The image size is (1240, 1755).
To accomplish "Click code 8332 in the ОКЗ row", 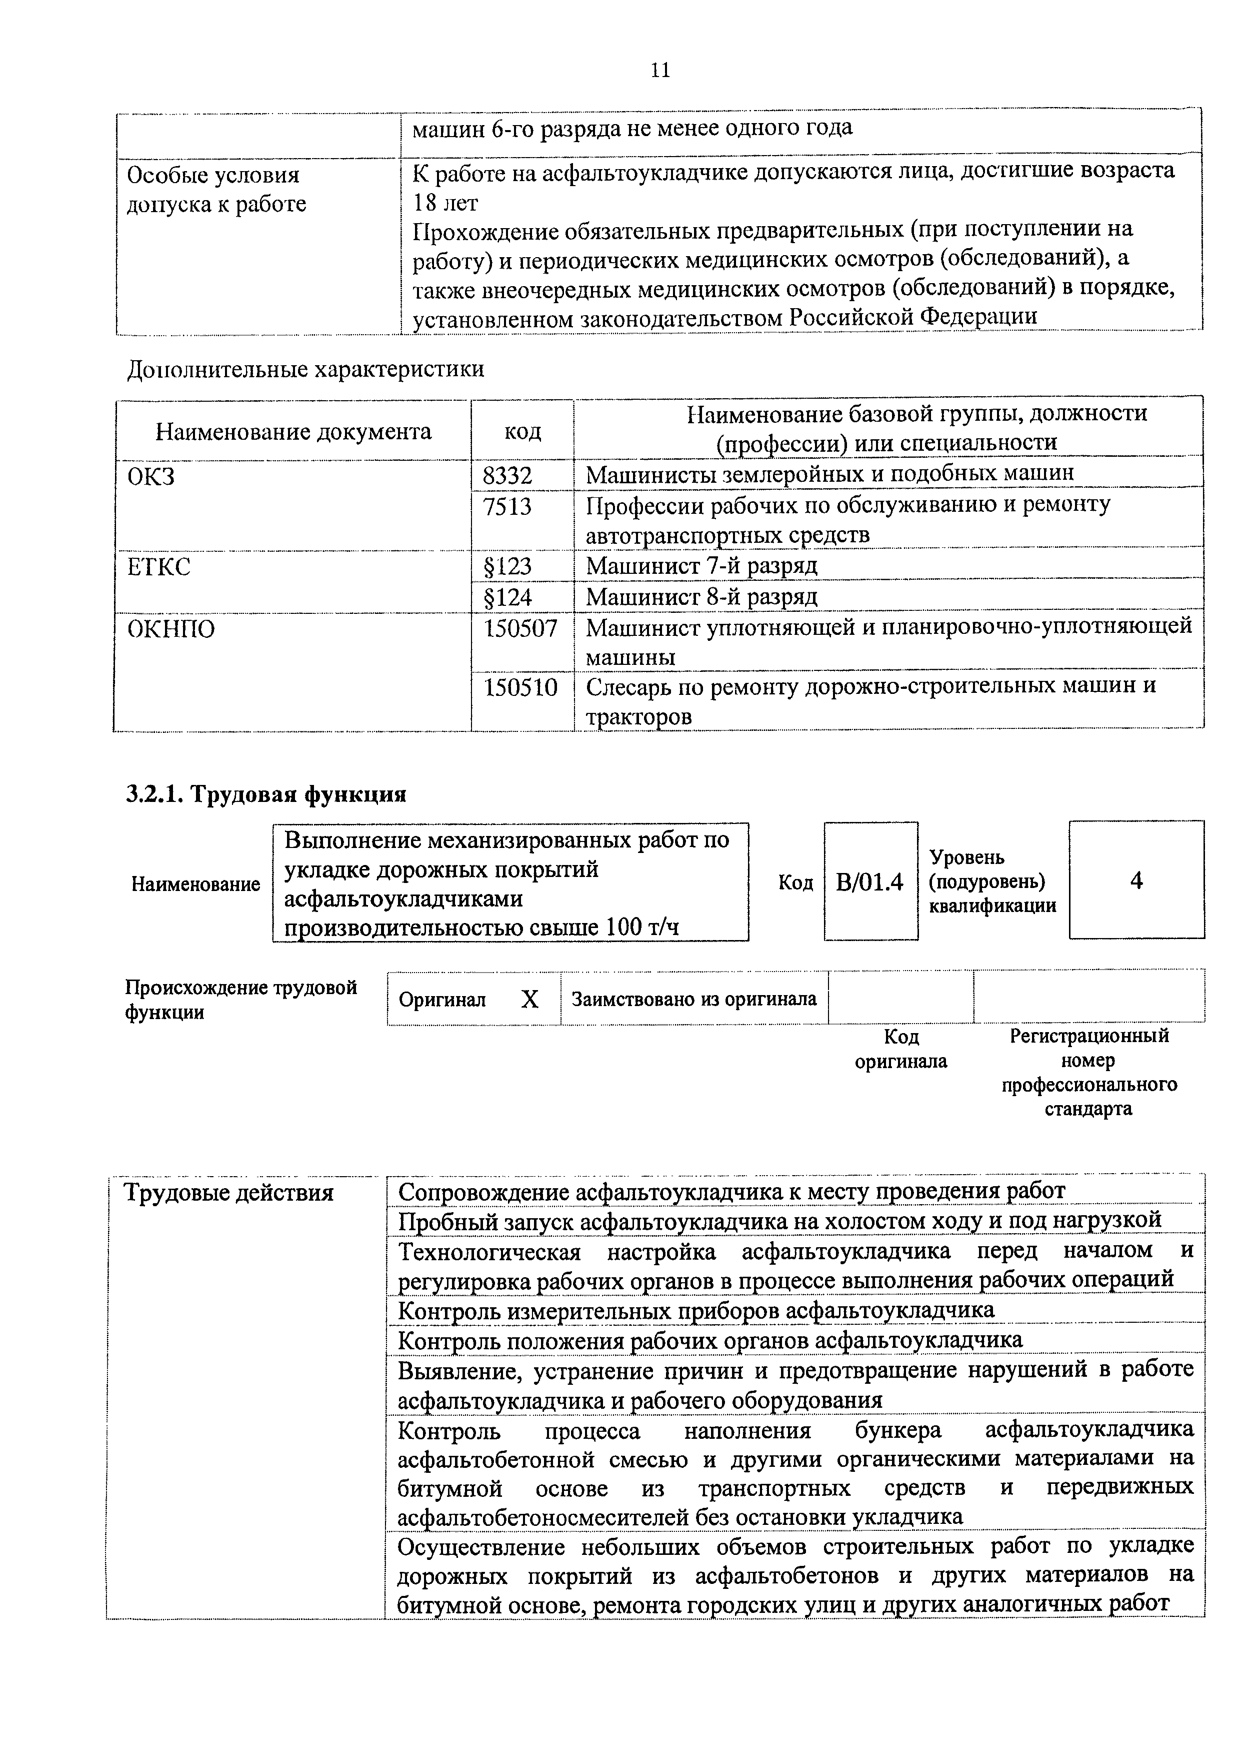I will [x=507, y=475].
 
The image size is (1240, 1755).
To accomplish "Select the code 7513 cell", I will [x=507, y=506].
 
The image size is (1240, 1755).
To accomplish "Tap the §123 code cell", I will [x=508, y=566].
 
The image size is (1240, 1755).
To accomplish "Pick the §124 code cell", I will [x=508, y=597].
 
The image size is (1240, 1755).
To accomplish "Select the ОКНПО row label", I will [x=171, y=629].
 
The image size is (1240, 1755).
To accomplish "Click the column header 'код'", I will [x=522, y=431].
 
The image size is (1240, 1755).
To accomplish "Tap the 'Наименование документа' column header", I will [x=293, y=432].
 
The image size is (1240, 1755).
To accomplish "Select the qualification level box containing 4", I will [x=1136, y=881].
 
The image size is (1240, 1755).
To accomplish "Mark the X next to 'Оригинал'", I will [x=529, y=999].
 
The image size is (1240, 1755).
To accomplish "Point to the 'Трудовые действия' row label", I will [x=229, y=1192].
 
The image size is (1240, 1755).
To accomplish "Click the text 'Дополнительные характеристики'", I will [x=305, y=369].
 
